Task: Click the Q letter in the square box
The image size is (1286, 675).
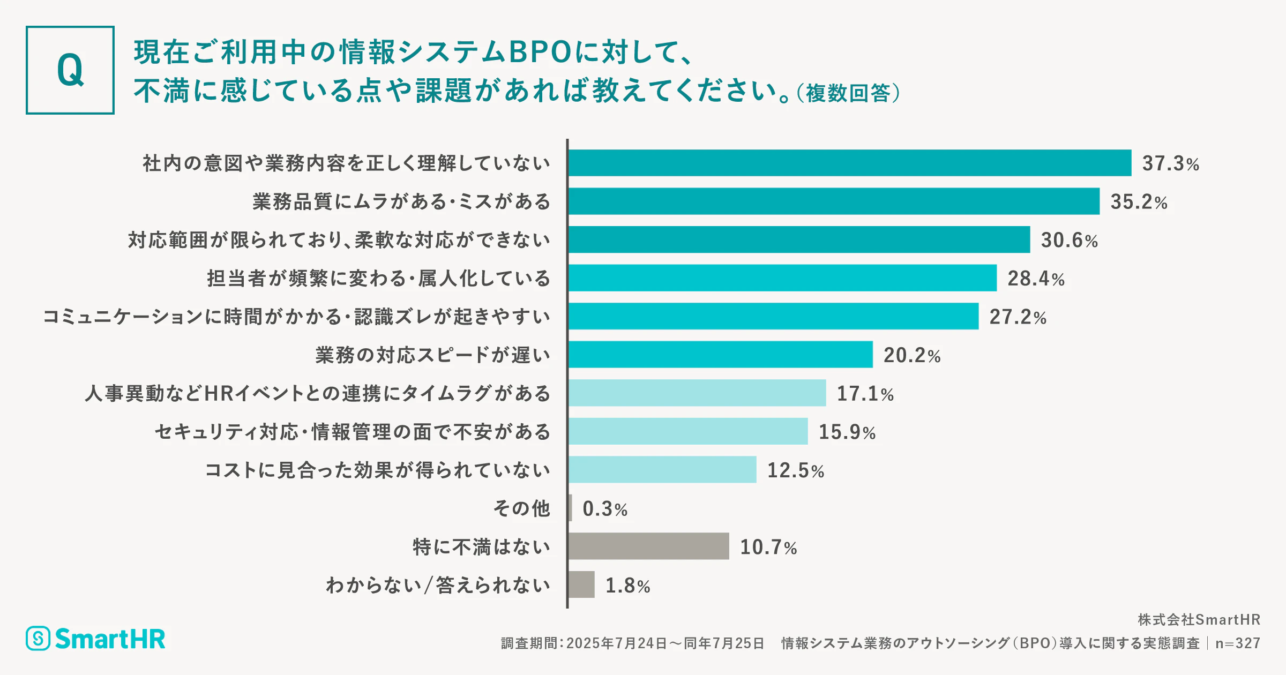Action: point(70,70)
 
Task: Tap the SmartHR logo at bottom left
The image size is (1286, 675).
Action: point(96,639)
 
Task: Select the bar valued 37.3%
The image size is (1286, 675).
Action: point(849,163)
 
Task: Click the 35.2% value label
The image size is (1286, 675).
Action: point(1139,202)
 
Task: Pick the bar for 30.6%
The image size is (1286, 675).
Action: point(799,239)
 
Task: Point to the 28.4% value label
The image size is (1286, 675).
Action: point(1036,279)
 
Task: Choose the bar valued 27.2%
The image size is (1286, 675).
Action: point(773,316)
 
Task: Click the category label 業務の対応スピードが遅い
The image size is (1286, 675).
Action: point(432,355)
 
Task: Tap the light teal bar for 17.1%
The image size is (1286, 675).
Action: point(697,393)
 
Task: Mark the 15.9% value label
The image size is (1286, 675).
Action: point(847,432)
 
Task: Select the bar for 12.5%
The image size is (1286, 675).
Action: point(662,469)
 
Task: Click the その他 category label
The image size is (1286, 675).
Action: point(521,508)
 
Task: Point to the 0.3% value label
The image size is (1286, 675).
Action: point(605,509)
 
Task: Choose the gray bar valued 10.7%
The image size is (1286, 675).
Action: point(648,546)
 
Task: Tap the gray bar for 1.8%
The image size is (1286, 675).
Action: point(581,584)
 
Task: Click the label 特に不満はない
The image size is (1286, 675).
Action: point(481,546)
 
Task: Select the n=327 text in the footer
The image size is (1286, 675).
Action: point(1238,643)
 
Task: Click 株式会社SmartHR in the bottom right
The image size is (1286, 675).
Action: point(1199,620)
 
